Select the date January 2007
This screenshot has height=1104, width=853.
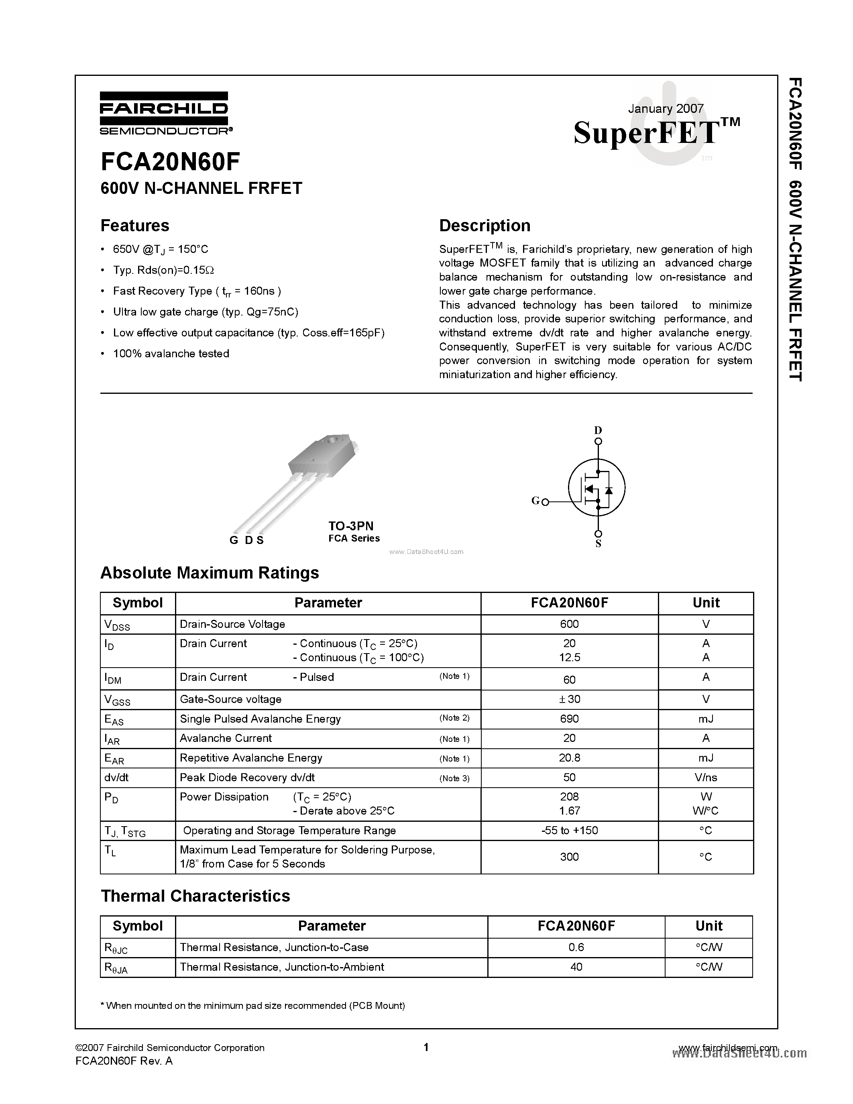[x=665, y=109]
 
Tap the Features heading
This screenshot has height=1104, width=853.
[x=135, y=226]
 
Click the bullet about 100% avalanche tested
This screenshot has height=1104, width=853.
[x=171, y=354]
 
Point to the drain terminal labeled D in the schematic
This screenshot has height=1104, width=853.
[x=598, y=431]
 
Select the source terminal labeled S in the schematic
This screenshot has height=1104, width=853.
[x=598, y=544]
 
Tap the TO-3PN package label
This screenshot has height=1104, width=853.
[x=351, y=526]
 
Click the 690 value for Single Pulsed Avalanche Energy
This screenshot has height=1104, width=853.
[x=569, y=719]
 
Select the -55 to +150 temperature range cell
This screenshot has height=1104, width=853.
[x=569, y=831]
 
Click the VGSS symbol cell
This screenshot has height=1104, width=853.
[x=117, y=700]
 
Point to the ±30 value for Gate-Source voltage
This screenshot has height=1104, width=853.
[x=569, y=699]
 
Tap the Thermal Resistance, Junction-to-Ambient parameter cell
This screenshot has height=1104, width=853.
[x=281, y=967]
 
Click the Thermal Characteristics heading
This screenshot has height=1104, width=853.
[x=195, y=896]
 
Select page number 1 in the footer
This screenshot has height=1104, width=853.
[x=426, y=1047]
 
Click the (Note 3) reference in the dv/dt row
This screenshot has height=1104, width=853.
[x=454, y=778]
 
